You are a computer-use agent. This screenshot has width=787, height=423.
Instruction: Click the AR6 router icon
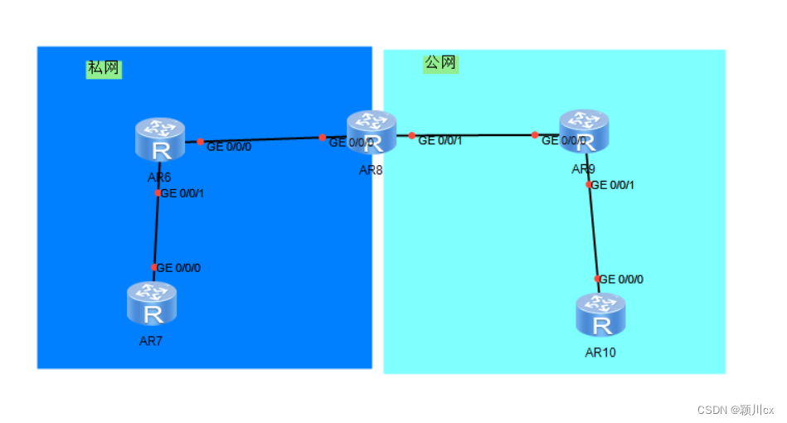click(160, 139)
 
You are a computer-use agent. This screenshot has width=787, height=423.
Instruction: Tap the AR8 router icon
click(371, 133)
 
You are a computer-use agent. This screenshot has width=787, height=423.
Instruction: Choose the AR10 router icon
click(600, 314)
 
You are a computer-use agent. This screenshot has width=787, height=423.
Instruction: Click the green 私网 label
click(104, 69)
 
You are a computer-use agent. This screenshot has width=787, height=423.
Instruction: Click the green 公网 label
click(440, 63)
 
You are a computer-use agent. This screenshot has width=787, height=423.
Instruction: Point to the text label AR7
click(151, 341)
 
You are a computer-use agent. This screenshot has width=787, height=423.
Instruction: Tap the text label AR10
click(600, 352)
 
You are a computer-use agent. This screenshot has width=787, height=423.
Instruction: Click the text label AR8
click(371, 170)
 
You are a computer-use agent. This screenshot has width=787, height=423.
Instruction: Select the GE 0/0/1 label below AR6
click(182, 193)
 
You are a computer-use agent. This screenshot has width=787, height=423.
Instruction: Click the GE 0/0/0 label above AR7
click(179, 268)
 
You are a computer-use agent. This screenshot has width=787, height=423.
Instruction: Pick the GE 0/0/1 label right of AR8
click(440, 141)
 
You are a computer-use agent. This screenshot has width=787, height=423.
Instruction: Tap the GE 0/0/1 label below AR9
click(613, 185)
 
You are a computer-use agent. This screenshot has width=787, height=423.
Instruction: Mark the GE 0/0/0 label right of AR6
click(229, 147)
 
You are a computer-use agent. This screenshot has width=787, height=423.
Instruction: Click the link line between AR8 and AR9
click(473, 134)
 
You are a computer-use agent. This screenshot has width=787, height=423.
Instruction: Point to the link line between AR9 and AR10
click(593, 232)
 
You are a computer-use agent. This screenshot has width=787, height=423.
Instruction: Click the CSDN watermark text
click(735, 410)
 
